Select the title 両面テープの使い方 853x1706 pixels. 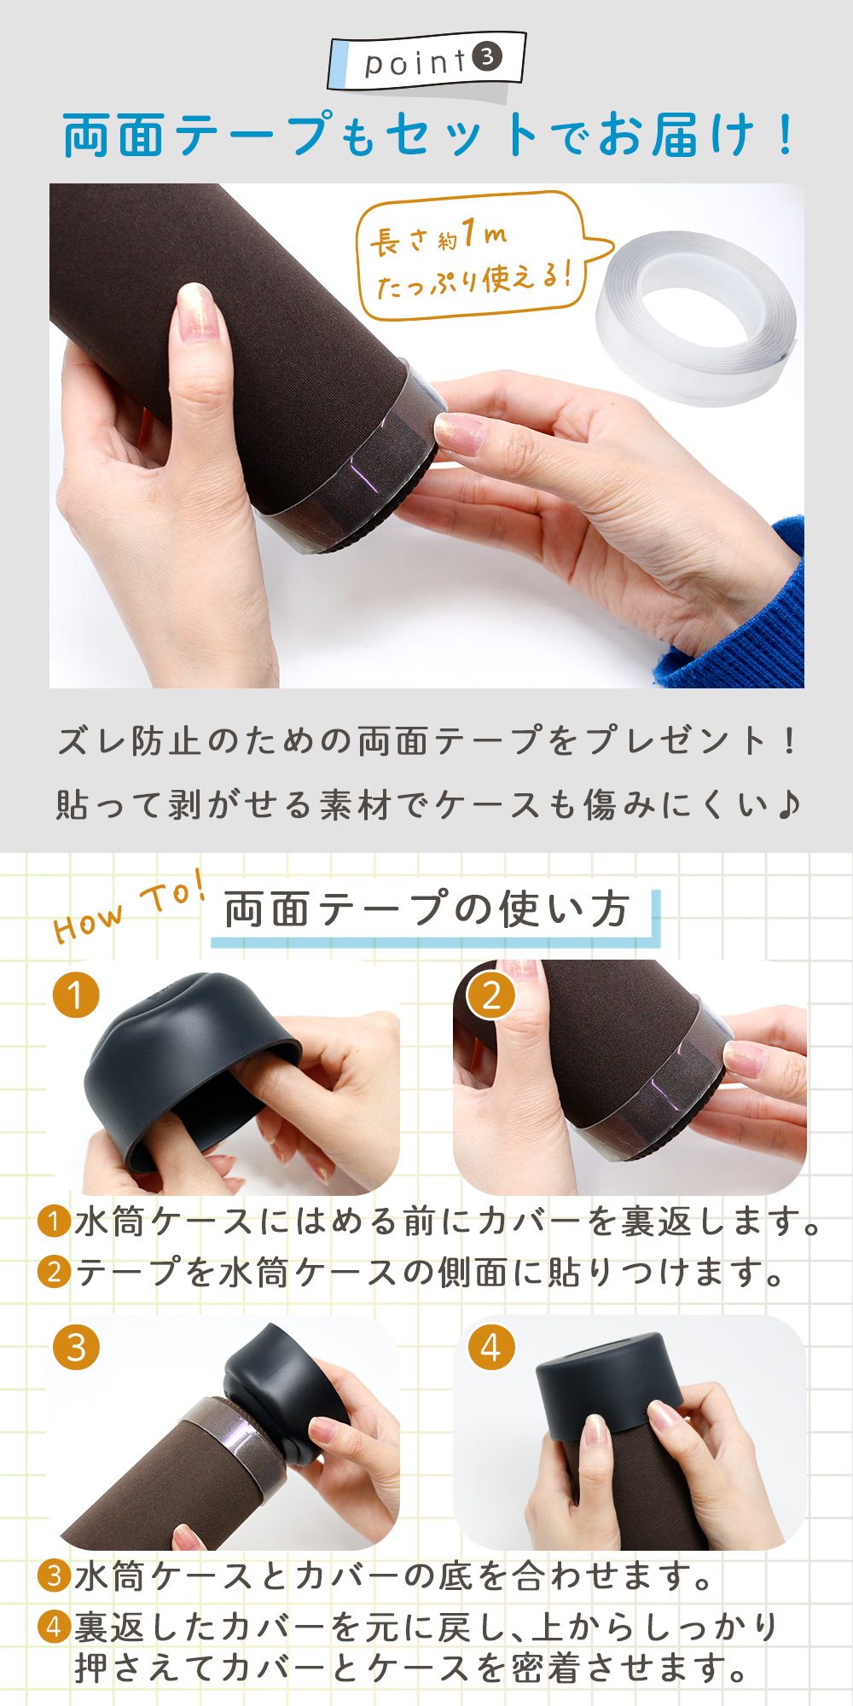coord(426,909)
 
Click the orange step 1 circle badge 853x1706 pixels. coord(76,995)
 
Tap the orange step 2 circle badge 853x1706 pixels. coord(491,995)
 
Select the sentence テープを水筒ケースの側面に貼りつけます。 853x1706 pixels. coord(411,1273)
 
